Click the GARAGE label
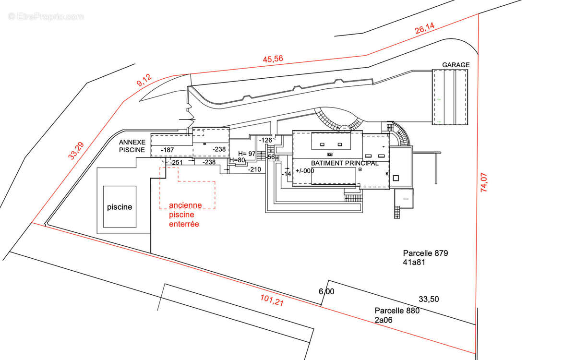click(x=456, y=65)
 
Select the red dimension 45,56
click(x=273, y=60)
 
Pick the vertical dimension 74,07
click(x=484, y=180)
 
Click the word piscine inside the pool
click(x=119, y=207)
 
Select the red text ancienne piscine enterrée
click(x=185, y=215)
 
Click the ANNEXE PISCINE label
click(x=132, y=146)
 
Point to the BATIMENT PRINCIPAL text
click(x=344, y=163)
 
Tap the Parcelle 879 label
click(x=425, y=253)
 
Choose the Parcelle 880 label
click(x=397, y=311)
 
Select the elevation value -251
click(x=177, y=162)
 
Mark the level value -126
click(x=265, y=140)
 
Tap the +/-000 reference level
click(x=305, y=171)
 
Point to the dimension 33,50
click(x=429, y=299)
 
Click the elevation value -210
click(x=254, y=169)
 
